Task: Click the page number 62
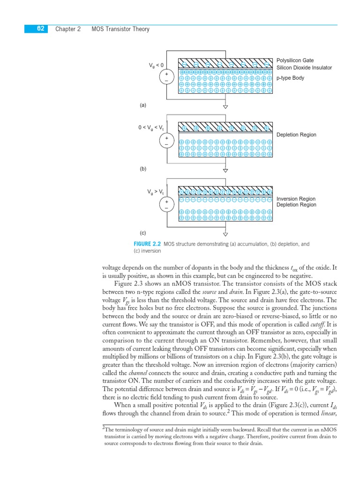click(x=40, y=29)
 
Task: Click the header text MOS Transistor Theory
click(x=120, y=29)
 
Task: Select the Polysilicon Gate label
click(x=295, y=60)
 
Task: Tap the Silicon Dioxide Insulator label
click(x=304, y=68)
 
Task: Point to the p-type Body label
click(x=290, y=78)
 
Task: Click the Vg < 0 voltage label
click(x=156, y=65)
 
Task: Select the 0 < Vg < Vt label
click(x=151, y=127)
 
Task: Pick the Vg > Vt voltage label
click(x=156, y=192)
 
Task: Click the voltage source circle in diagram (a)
click(x=166, y=76)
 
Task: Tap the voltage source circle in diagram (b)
click(x=166, y=141)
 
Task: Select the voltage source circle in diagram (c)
click(x=166, y=204)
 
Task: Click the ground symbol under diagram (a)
click(x=225, y=106)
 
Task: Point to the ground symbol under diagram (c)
click(x=225, y=234)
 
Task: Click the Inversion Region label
click(x=296, y=199)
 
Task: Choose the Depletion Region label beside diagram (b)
click(x=296, y=135)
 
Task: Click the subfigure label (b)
click(x=143, y=169)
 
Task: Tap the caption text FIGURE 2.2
click(x=147, y=244)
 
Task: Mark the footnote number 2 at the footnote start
click(x=104, y=428)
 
